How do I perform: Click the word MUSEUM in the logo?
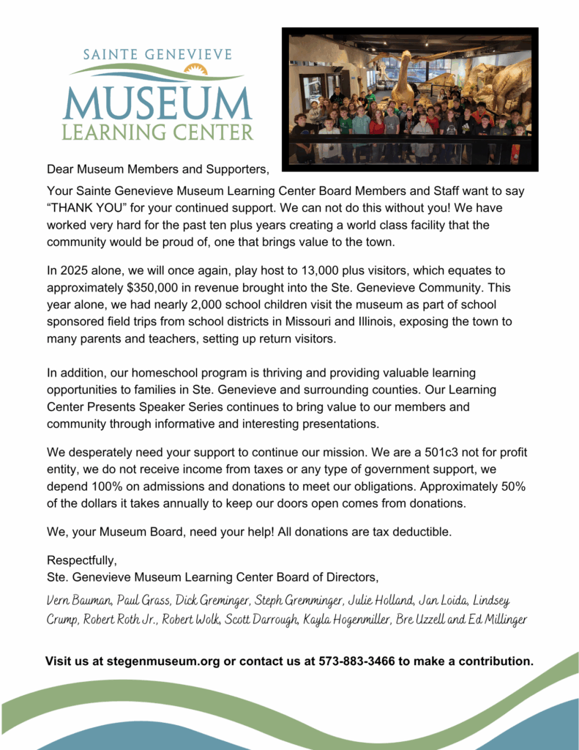coord(157,103)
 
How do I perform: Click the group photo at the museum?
coord(410,99)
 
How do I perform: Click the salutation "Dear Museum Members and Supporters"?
coord(157,170)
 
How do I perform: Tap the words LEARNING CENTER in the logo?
coord(157,133)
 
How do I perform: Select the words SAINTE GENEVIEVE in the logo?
coord(157,56)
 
